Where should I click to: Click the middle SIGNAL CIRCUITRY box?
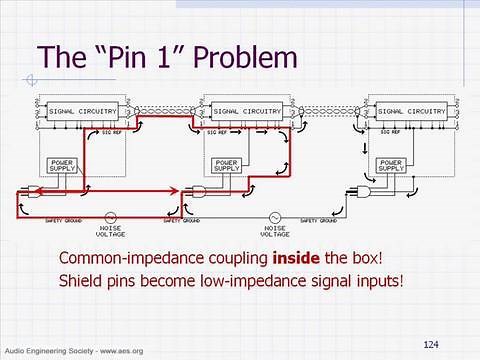[x=246, y=111]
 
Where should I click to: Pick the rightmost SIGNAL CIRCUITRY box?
[x=411, y=111]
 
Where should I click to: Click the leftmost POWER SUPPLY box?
[x=62, y=165]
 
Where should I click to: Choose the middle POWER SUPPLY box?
[x=227, y=165]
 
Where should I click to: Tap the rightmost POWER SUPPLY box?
[x=391, y=165]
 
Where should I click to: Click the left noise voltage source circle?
[x=108, y=216]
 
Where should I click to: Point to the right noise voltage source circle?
[x=273, y=216]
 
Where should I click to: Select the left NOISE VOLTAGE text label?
[x=108, y=231]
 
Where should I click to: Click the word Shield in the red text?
[x=78, y=281]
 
